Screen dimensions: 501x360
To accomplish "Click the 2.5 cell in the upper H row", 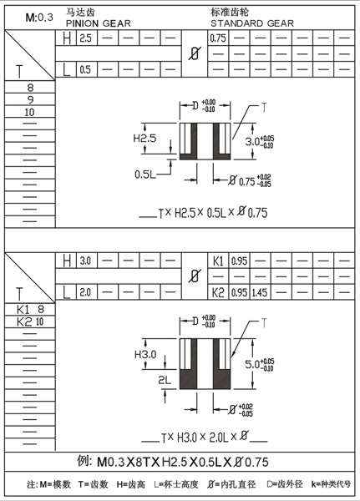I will pos(85,39).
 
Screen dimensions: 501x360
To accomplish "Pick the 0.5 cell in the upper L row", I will pos(85,69).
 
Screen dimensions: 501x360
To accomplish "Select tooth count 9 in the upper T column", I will pos(30,99).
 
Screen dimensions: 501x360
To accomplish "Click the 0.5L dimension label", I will pos(145,174).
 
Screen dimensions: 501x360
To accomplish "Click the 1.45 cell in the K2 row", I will pos(260,293).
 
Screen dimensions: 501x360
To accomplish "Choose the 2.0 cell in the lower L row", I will pos(85,292).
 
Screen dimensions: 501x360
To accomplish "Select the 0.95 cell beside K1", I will pos(238,261).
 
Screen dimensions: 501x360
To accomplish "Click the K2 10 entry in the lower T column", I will pos(30,321).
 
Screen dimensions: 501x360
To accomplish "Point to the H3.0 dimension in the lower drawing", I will pos(145,355).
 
